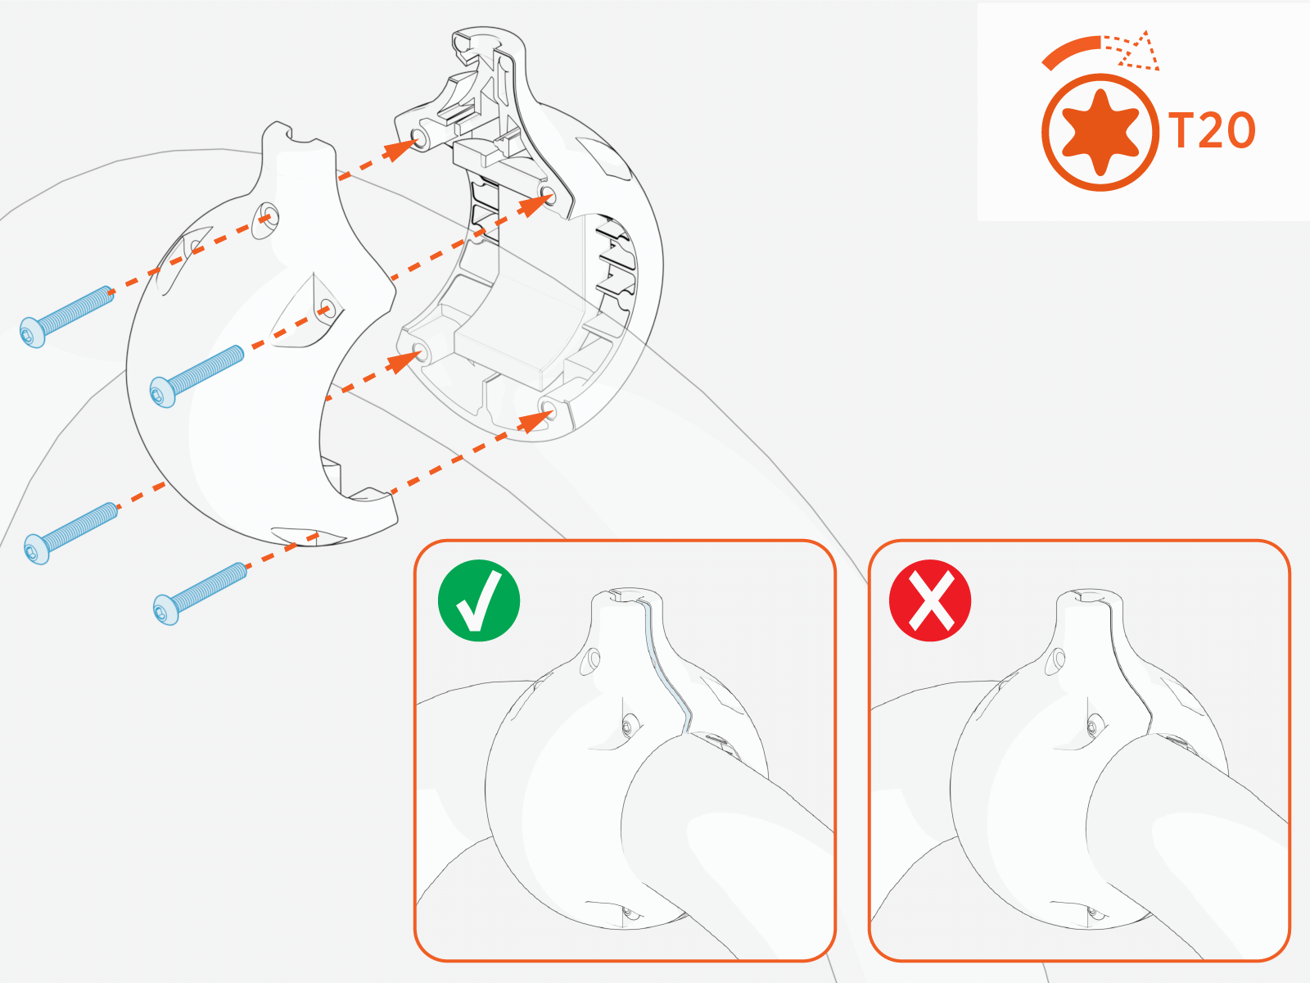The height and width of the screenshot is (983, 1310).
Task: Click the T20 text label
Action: point(1212,131)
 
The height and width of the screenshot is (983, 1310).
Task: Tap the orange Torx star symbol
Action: point(1100,132)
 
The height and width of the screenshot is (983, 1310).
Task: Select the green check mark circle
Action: point(479,600)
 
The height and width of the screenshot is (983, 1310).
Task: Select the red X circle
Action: point(930,600)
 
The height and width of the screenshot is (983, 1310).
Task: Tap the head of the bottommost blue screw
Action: point(166,609)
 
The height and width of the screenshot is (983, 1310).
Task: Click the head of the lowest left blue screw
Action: point(37,549)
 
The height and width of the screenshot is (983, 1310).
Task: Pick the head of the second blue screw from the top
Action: point(162,392)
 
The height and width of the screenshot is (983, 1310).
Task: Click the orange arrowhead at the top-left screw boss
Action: point(401,148)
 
